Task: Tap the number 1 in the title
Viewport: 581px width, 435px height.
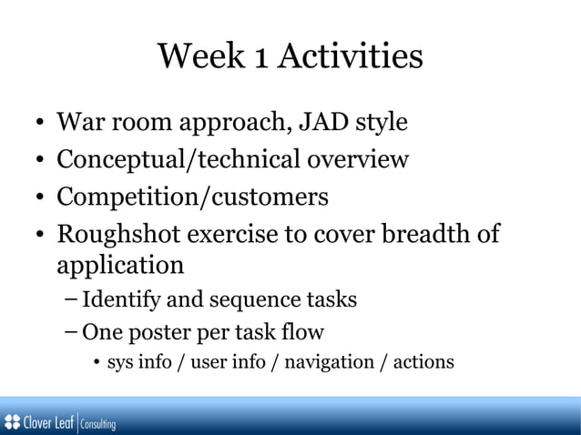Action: (260, 57)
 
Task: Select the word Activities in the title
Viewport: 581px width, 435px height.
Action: (351, 57)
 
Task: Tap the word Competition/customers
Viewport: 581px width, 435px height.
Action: (192, 197)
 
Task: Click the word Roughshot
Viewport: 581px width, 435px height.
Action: (118, 235)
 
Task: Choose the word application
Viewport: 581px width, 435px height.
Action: (120, 267)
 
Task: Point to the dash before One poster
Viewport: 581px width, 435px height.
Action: (72, 331)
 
